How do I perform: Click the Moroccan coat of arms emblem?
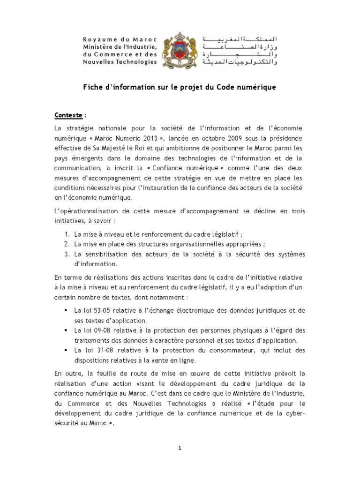[180, 49]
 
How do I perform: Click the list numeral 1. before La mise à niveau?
[67, 234]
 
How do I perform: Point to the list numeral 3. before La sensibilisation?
[67, 254]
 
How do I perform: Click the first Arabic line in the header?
[239, 37]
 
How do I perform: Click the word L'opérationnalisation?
[88, 211]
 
